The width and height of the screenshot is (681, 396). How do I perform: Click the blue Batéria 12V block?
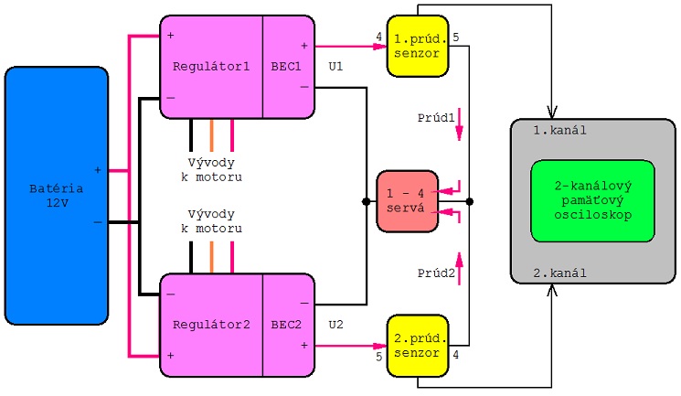tap(57, 196)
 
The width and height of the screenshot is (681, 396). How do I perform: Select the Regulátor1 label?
tap(211, 66)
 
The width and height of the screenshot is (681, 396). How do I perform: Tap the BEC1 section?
tap(285, 66)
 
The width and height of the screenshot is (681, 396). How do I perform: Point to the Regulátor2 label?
tap(211, 324)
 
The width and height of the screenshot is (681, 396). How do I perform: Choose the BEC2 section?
tap(285, 324)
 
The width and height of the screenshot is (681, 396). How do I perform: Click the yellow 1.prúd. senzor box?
tap(418, 46)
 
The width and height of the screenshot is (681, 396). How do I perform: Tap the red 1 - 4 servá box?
tap(408, 200)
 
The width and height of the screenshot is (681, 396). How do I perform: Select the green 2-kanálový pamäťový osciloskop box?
tap(592, 200)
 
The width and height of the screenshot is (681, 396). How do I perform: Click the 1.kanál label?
tap(559, 130)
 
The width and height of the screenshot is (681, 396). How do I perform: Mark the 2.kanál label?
tap(559, 273)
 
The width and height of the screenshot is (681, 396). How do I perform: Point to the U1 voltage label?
tap(335, 67)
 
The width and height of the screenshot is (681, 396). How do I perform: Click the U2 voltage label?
tap(335, 324)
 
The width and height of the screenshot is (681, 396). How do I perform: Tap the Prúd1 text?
tap(436, 118)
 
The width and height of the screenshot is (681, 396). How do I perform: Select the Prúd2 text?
tap(436, 273)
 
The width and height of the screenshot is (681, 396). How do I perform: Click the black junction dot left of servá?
tap(366, 201)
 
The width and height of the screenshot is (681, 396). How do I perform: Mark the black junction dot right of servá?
tap(469, 201)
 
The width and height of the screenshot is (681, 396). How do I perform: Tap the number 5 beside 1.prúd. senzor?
tap(456, 37)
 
